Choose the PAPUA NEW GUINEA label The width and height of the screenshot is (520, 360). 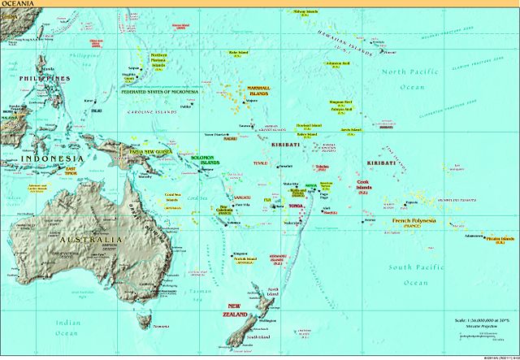coord(145,151)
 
